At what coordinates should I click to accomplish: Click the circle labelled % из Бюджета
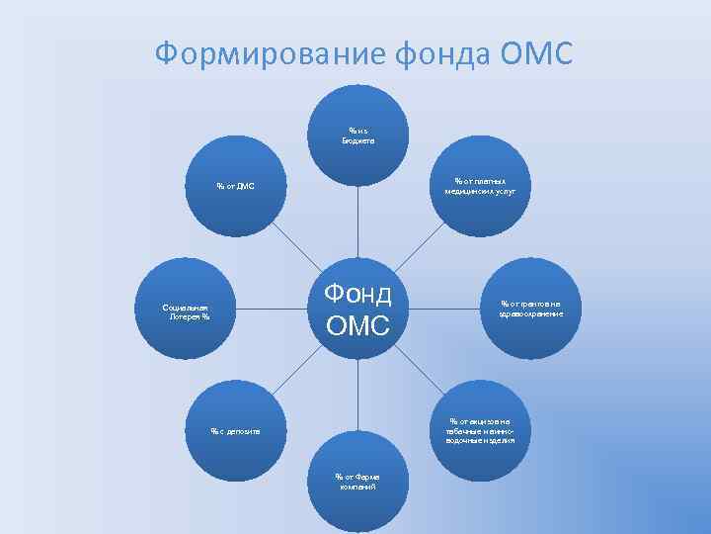[357, 133]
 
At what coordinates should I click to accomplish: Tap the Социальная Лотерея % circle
[187, 311]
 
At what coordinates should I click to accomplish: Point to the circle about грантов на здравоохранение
[531, 309]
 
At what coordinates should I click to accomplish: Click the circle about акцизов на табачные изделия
[480, 431]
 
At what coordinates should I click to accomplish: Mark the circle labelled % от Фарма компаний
[357, 482]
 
